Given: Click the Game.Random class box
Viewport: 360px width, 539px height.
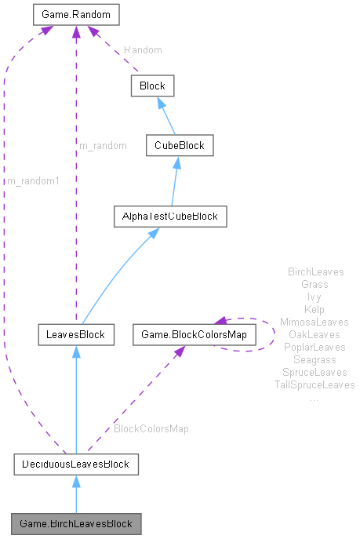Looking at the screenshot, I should coord(76,14).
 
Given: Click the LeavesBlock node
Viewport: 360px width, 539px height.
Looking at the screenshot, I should coord(77,335).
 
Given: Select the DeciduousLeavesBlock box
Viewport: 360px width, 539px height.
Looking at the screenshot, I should coord(76,464).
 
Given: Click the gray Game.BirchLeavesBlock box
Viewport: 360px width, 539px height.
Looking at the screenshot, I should coord(76,523).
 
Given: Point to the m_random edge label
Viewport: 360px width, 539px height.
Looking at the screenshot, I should coord(103,146).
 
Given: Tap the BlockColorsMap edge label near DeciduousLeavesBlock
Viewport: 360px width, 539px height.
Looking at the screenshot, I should coord(151,429).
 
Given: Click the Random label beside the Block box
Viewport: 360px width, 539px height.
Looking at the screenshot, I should coord(143,49).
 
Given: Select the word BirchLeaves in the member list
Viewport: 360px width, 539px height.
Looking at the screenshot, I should coord(316,272).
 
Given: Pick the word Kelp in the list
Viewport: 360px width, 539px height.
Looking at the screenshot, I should coord(314,310).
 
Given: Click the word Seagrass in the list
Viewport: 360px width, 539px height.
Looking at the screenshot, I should coord(314,360).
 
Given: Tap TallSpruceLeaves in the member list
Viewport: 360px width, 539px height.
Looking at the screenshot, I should coord(314,385).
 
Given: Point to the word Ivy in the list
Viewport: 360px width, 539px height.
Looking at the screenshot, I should coord(314,297).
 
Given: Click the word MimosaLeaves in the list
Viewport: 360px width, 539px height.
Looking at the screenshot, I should coord(314,322).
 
